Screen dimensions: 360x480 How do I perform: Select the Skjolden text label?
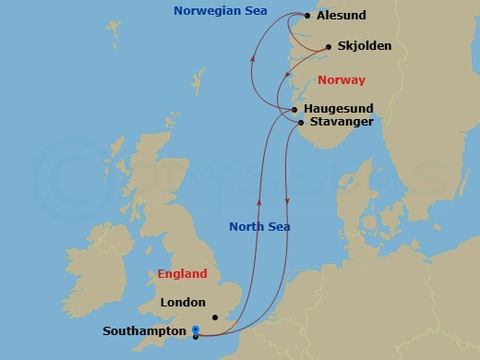[x=365, y=45]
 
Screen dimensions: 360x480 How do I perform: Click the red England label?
[x=182, y=274]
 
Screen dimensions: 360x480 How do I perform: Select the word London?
[x=183, y=302]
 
